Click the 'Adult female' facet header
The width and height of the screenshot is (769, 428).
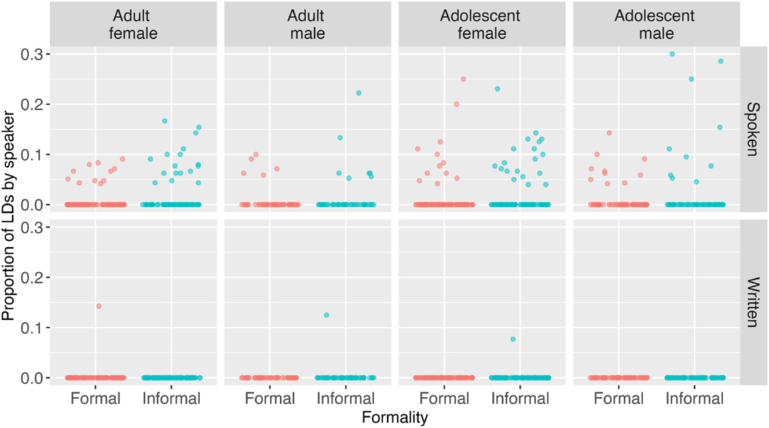(133, 24)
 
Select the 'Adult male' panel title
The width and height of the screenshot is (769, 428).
(307, 24)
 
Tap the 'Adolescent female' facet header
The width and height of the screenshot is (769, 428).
(482, 24)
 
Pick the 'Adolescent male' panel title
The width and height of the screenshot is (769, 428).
(656, 24)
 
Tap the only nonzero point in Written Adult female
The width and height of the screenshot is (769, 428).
(98, 306)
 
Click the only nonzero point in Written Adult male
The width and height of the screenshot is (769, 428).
(327, 315)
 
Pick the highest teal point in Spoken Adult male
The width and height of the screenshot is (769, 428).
(358, 93)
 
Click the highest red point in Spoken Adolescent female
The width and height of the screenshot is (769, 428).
(463, 79)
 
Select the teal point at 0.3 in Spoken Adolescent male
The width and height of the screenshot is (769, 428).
(672, 54)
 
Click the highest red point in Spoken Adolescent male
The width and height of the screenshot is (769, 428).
(609, 133)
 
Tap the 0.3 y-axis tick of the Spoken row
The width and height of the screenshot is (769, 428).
(32, 54)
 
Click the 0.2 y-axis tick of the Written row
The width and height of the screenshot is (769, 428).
(32, 277)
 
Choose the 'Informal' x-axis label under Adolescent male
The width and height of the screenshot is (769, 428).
(694, 399)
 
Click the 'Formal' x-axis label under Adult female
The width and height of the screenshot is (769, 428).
(96, 399)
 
